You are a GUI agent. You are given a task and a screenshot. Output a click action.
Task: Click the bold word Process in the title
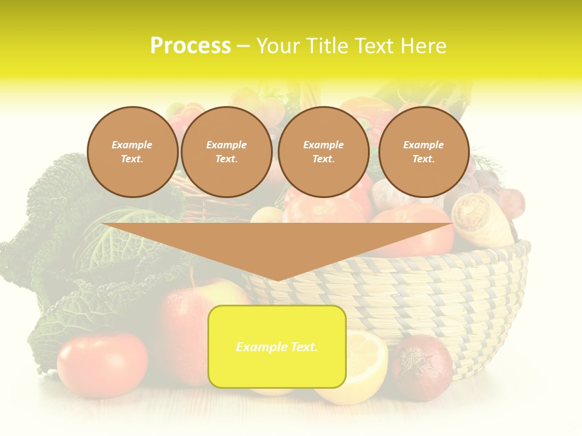click(x=190, y=46)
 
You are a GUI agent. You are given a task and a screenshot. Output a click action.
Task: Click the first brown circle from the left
click(x=132, y=152)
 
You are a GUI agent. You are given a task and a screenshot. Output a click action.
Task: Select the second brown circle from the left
click(x=226, y=152)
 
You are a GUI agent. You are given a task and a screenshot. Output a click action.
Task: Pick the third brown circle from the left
click(x=323, y=152)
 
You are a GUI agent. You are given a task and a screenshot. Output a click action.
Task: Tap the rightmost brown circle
click(x=423, y=152)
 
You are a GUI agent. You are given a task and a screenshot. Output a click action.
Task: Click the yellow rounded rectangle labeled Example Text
click(x=277, y=346)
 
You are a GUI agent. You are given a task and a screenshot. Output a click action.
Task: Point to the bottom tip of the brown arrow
click(x=277, y=279)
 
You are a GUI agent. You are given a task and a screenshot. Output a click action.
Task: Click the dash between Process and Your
click(x=243, y=47)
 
